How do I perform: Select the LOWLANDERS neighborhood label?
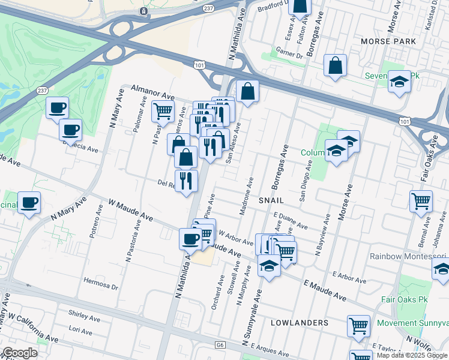300,323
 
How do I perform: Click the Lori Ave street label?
80,330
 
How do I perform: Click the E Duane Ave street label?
291,221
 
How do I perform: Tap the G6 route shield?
220,345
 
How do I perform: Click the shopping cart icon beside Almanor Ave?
162,110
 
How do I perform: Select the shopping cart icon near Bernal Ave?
421,201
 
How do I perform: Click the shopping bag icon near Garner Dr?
335,65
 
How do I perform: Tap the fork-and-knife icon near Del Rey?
186,179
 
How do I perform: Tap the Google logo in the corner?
19,353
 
